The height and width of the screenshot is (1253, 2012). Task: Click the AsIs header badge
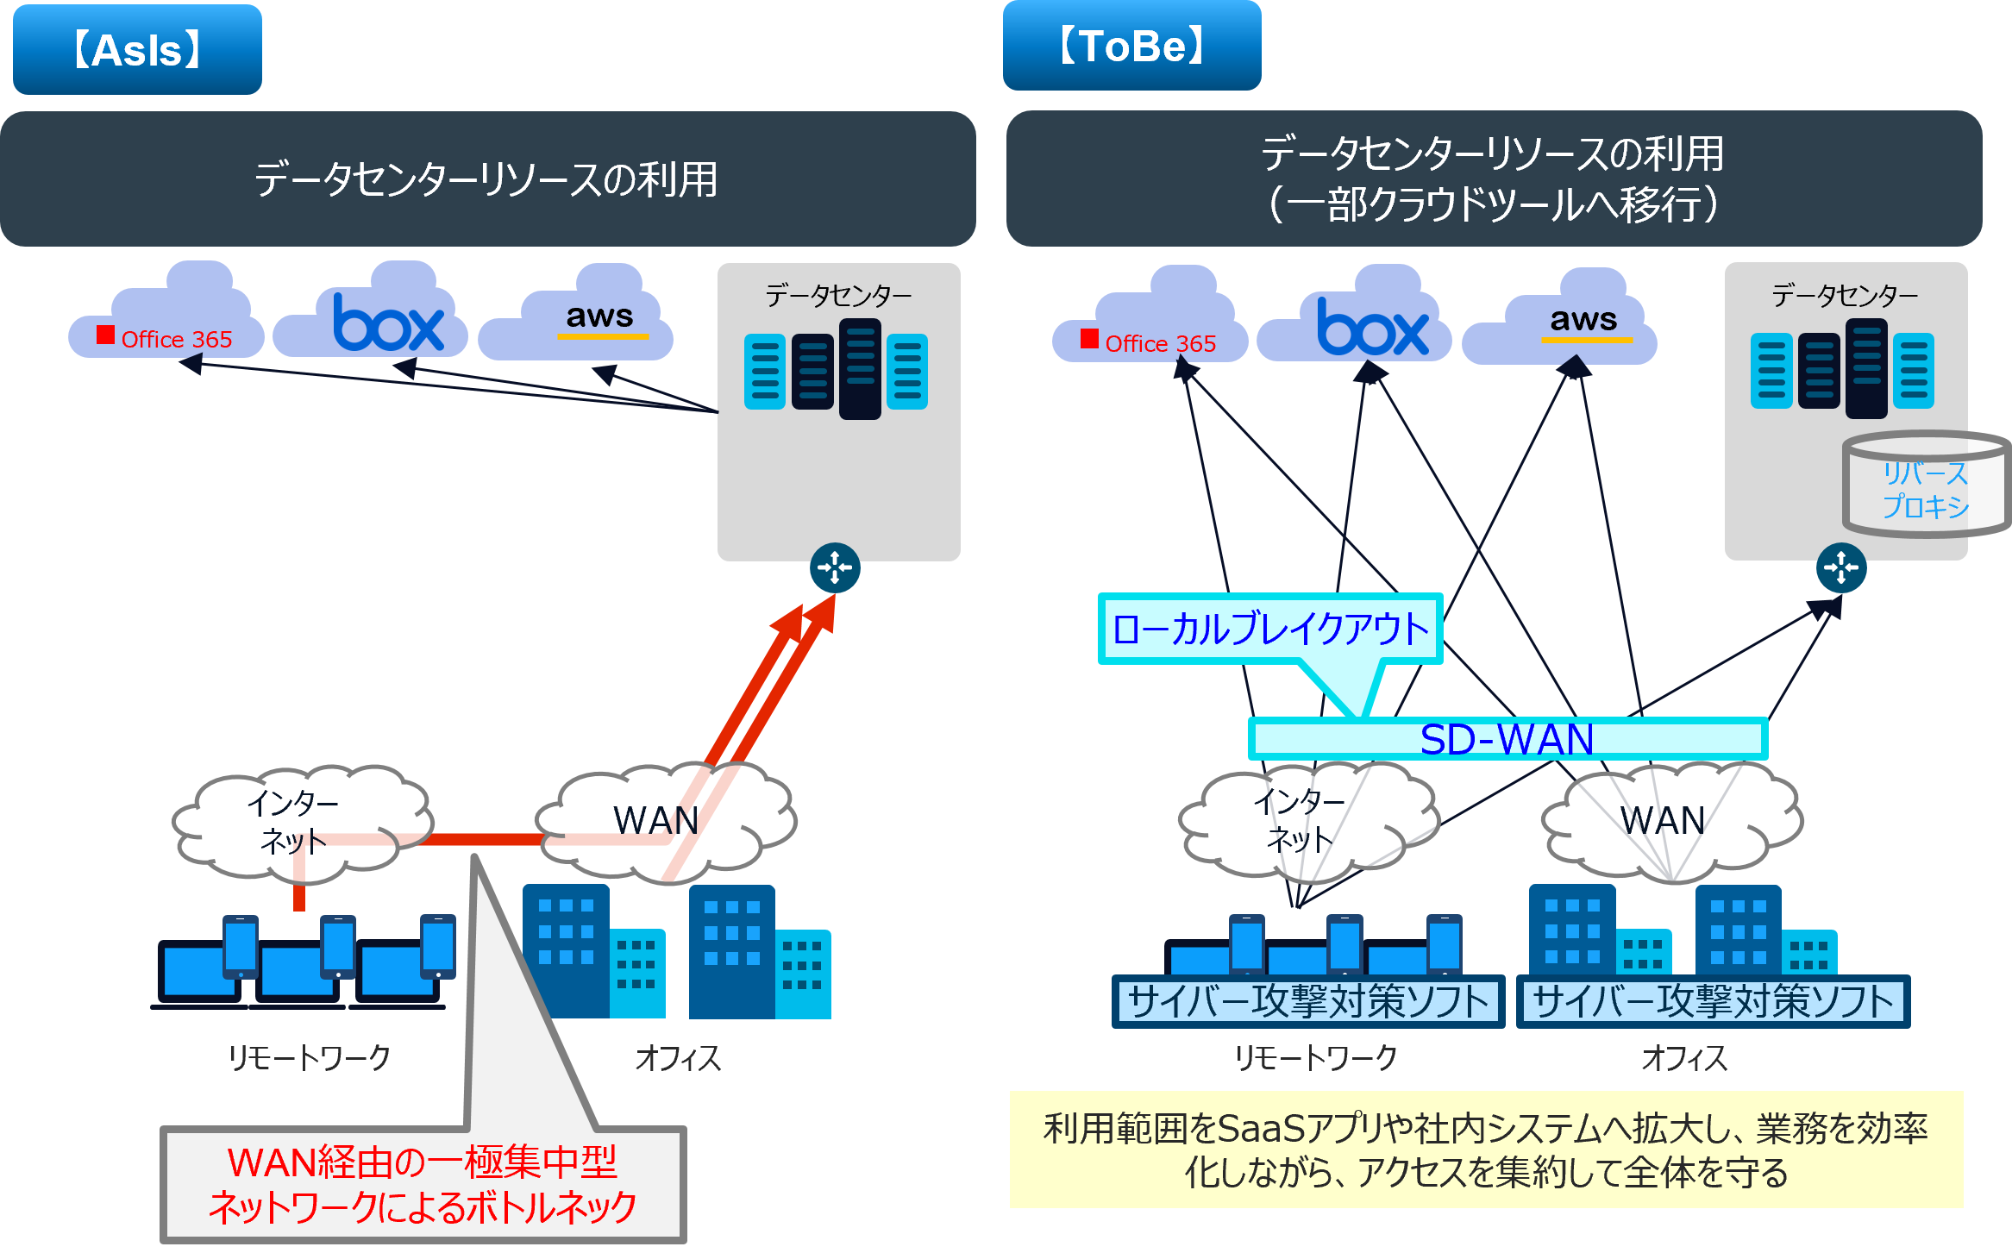(137, 49)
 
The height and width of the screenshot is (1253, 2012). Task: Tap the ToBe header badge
(1131, 45)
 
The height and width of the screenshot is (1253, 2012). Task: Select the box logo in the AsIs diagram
(389, 323)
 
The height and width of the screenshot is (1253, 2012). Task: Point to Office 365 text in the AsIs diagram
(177, 340)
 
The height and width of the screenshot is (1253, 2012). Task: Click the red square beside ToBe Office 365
(1089, 339)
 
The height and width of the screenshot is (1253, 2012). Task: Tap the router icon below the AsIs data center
(835, 567)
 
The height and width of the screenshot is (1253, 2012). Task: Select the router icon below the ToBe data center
(1841, 567)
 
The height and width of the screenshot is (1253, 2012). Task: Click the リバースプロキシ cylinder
(1927, 485)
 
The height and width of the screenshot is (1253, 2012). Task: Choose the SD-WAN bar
(1507, 739)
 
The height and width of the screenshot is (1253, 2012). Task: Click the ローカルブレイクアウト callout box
(1270, 629)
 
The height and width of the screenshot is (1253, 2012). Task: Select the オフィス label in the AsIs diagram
(678, 1057)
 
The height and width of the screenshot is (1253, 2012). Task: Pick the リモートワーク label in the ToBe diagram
(1315, 1057)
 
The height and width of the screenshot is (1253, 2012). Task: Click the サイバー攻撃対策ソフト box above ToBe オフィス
(1713, 1001)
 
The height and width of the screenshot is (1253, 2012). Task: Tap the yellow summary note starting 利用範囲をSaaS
(1486, 1150)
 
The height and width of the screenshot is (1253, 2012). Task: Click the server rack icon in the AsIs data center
(836, 369)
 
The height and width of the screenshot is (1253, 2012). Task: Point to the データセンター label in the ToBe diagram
(1845, 296)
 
